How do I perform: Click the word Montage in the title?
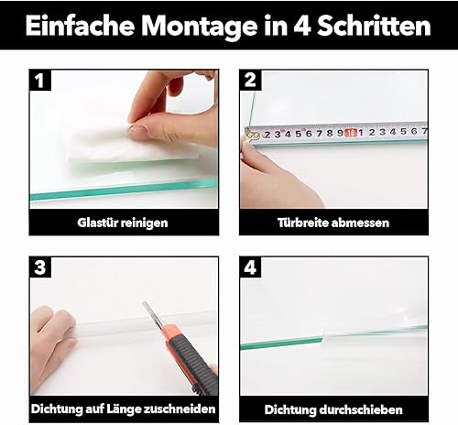[x=200, y=27]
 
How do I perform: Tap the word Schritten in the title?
[x=375, y=26]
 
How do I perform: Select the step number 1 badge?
[x=40, y=81]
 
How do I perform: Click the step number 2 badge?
[x=250, y=80]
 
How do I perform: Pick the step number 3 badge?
[x=40, y=267]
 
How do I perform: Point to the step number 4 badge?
[x=250, y=267]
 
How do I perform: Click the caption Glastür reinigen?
[x=123, y=223]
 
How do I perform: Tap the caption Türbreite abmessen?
[x=333, y=223]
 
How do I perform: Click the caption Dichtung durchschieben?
[x=333, y=409]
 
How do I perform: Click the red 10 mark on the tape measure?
[x=351, y=133]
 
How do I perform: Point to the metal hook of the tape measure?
[x=251, y=136]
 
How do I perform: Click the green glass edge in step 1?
[x=124, y=190]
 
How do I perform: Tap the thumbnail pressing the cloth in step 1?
[x=138, y=130]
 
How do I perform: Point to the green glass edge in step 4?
[x=281, y=343]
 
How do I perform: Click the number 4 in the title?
[x=302, y=26]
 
